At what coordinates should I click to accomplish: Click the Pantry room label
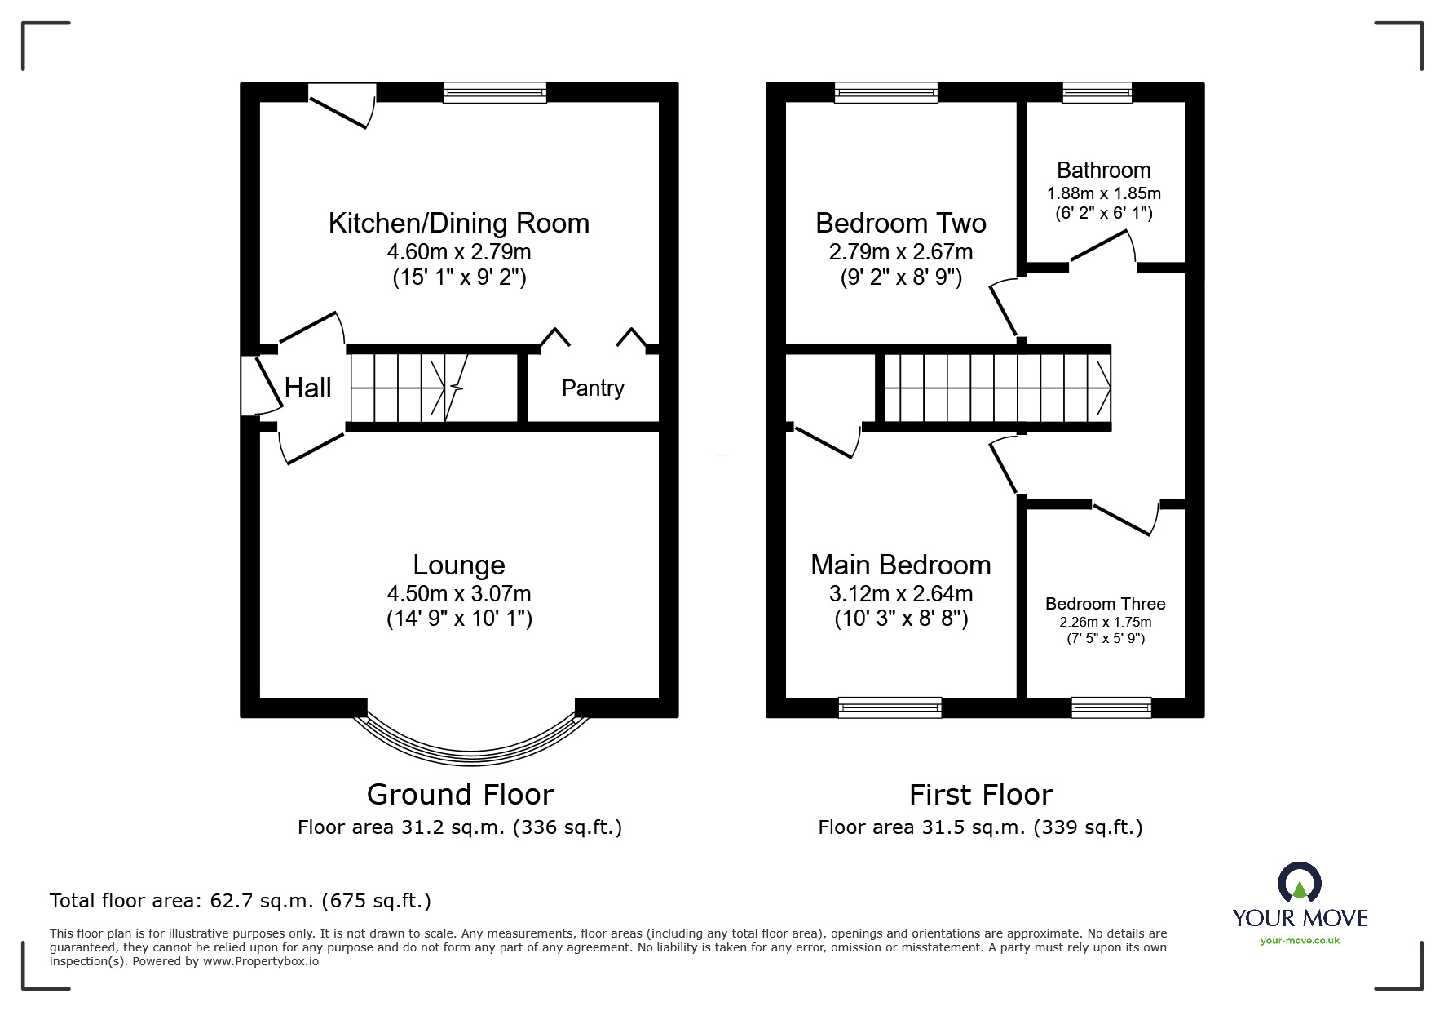point(593,388)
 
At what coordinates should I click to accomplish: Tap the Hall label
point(307,388)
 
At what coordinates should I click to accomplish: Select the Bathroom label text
point(1103,170)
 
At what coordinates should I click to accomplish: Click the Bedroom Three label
point(1105,604)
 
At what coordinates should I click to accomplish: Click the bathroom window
point(1097,93)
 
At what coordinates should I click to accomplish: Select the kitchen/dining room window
point(495,93)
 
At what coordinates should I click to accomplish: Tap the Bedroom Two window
point(886,93)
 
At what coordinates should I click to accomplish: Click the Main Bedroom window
point(890,707)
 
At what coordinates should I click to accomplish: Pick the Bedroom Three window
point(1111,707)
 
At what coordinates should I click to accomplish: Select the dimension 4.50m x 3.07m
point(459,593)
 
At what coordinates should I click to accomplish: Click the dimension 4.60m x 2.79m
point(459,251)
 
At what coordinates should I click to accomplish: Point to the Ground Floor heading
point(460,794)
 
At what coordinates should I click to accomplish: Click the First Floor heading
point(981,794)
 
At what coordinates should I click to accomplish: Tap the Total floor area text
point(241,901)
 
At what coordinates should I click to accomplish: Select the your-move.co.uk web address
point(1300,941)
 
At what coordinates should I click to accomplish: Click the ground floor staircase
point(433,388)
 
